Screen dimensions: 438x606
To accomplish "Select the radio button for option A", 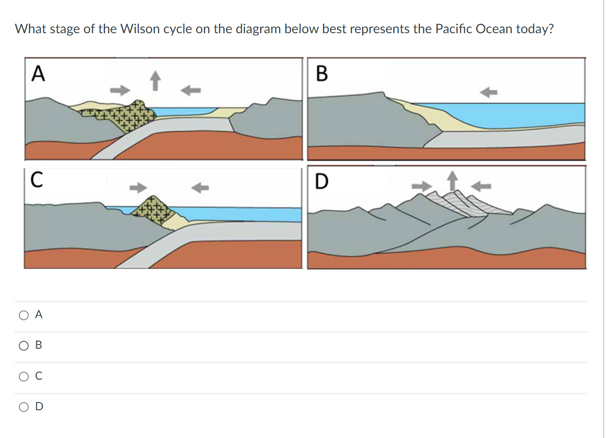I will point(24,315).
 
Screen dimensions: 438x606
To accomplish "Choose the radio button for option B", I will point(24,346).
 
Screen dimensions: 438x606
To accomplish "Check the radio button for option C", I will point(24,377).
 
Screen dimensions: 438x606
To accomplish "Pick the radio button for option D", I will point(24,407).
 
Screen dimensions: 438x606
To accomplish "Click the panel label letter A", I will point(38,74).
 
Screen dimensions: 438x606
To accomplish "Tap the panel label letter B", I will point(322,74).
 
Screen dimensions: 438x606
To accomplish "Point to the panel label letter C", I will point(37,180).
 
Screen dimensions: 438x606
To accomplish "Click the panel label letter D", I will point(322,182).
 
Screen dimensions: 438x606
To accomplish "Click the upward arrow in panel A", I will point(155,80).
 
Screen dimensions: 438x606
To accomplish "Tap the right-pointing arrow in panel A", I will point(120,90).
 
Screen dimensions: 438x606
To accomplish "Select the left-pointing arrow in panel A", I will point(190,90).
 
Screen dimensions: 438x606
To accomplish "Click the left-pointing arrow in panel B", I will point(488,92).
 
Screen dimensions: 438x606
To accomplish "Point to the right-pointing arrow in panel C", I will point(138,187).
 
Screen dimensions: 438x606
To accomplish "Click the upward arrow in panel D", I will point(452,180).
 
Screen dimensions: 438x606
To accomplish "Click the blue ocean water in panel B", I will point(517,114).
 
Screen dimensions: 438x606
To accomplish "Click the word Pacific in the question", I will point(454,29).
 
